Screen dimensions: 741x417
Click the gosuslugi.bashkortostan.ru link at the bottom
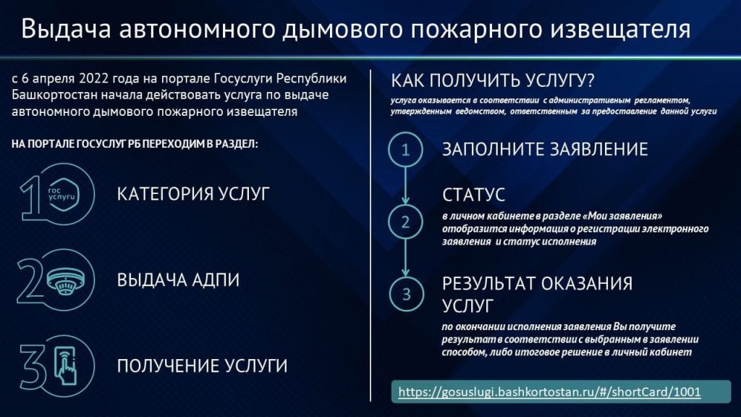549,392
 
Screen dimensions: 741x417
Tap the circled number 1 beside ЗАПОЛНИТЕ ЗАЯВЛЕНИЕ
405,149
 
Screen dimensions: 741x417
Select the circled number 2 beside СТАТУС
405,222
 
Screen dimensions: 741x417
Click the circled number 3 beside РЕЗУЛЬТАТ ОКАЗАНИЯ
406,294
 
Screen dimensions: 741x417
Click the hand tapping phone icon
65,366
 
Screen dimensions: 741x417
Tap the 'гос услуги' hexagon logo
62,194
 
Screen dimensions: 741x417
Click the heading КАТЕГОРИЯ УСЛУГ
193,194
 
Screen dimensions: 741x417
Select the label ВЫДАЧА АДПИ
178,280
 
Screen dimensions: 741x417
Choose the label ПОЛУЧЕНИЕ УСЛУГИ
202,366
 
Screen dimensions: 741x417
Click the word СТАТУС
473,195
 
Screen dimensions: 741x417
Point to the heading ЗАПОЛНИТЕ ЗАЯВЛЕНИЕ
545,149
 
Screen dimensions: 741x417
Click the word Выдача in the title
66,29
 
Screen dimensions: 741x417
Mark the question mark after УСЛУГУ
589,80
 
